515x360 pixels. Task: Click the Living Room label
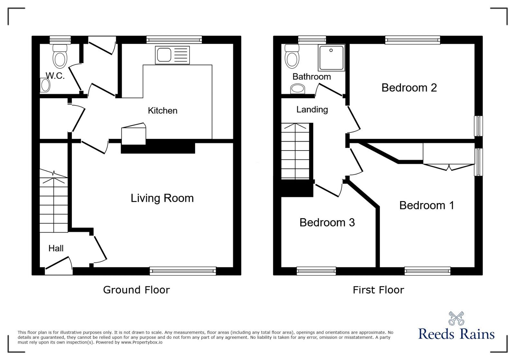(x=162, y=198)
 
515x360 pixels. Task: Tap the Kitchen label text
(x=163, y=111)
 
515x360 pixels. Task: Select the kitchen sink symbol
(x=172, y=55)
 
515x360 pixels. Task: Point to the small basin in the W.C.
(x=45, y=86)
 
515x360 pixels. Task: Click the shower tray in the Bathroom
(x=331, y=58)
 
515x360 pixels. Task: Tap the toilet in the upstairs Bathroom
(x=292, y=57)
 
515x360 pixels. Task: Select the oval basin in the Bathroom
(x=297, y=88)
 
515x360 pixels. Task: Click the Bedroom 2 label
(x=409, y=88)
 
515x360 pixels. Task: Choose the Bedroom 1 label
(x=426, y=206)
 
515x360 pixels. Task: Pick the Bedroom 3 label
(x=327, y=223)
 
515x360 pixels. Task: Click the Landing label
(x=312, y=110)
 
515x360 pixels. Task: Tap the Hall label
(x=56, y=248)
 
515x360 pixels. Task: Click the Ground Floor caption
(x=136, y=290)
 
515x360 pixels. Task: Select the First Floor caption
(x=378, y=290)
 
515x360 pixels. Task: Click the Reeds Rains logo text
(x=456, y=334)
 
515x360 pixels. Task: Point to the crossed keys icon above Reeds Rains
(x=456, y=318)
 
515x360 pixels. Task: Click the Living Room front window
(x=183, y=271)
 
